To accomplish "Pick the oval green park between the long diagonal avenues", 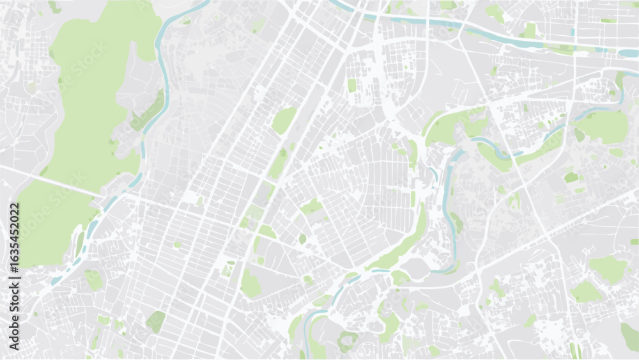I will (284, 120).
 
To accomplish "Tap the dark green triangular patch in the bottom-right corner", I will (629, 336).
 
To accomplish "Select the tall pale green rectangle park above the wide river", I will (530, 29).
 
